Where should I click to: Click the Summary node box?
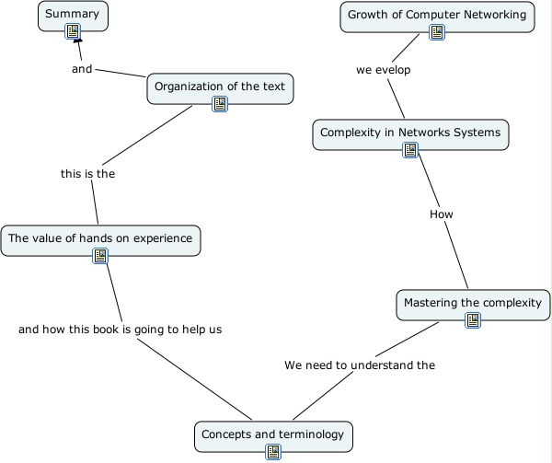click(73, 15)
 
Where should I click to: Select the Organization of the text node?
click(220, 87)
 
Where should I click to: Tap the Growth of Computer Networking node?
click(437, 15)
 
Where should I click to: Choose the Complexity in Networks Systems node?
click(410, 133)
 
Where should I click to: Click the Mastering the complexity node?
click(473, 303)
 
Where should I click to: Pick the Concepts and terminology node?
click(272, 434)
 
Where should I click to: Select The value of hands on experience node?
click(100, 238)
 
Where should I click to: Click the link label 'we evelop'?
click(384, 70)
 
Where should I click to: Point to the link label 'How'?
click(442, 214)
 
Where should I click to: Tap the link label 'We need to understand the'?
click(359, 365)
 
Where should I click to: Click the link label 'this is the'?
click(87, 173)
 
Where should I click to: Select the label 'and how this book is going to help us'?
click(120, 329)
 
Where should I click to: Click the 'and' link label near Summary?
click(82, 68)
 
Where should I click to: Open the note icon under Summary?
click(74, 33)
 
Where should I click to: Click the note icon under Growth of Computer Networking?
click(437, 33)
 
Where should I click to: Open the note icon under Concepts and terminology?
click(273, 451)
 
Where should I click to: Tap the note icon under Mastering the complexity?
click(473, 320)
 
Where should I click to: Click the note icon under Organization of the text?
click(220, 104)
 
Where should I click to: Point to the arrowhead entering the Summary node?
click(78, 42)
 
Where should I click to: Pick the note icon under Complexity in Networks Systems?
click(410, 150)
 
